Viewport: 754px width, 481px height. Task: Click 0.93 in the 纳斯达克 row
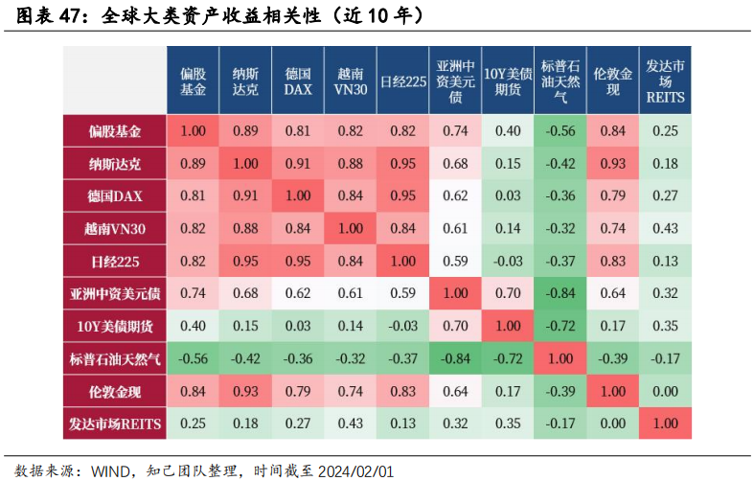[612, 163]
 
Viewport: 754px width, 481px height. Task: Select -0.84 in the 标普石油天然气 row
[455, 358]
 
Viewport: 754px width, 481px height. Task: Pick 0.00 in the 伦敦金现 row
[665, 391]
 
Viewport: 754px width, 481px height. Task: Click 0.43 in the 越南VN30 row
[665, 228]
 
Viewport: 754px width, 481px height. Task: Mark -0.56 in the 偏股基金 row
[560, 130]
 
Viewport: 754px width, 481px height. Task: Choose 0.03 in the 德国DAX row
[508, 195]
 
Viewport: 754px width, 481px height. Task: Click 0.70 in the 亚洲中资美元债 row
[508, 293]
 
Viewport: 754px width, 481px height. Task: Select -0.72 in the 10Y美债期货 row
[560, 326]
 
